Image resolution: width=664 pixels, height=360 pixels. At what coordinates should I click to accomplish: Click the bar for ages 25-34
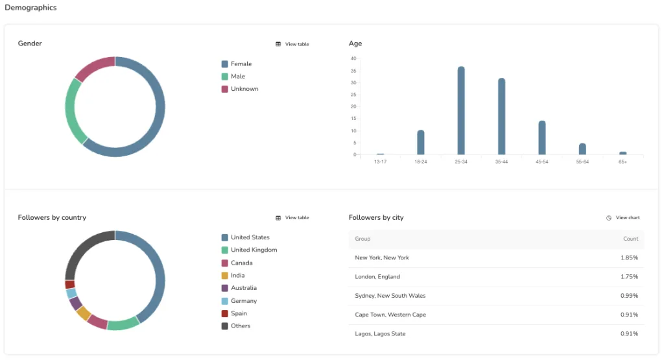click(x=461, y=110)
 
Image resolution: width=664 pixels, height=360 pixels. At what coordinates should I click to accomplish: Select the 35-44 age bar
click(x=501, y=116)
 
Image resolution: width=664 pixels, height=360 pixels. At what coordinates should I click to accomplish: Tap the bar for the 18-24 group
click(x=421, y=142)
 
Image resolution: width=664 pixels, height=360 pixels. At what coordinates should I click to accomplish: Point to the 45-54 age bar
click(x=542, y=138)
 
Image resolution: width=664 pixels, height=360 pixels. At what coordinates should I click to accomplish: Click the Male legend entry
click(x=237, y=77)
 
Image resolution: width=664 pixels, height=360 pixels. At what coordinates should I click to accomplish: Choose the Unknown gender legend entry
click(x=244, y=89)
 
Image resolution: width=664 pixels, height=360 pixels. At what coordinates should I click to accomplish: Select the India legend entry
click(x=237, y=276)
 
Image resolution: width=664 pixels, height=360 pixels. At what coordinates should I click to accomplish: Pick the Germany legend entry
click(x=243, y=301)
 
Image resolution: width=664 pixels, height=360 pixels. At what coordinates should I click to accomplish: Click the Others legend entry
click(x=240, y=326)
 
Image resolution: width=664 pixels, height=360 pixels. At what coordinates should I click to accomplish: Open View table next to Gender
click(x=292, y=44)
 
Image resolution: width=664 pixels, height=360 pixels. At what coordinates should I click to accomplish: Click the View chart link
click(x=623, y=218)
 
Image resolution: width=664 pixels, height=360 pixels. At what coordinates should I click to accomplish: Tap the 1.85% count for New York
click(x=629, y=258)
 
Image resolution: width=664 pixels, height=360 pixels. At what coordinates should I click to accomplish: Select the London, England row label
click(x=377, y=277)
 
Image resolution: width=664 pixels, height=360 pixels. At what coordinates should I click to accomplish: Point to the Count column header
click(x=631, y=239)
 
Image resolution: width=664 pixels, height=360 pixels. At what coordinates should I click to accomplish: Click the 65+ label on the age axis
click(x=622, y=162)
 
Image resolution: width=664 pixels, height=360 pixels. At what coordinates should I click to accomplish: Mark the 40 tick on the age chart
click(x=353, y=58)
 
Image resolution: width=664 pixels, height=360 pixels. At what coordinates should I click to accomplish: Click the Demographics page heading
click(x=30, y=8)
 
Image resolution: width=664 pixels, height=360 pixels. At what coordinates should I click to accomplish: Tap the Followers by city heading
click(x=376, y=218)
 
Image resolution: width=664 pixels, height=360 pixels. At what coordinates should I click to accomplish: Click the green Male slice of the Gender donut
click(x=74, y=112)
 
